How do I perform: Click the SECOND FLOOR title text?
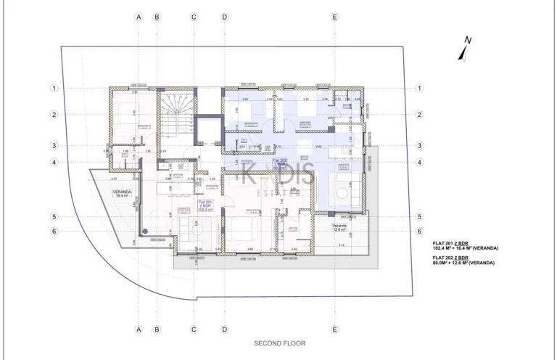click(279, 342)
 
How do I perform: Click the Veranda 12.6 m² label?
click(341, 228)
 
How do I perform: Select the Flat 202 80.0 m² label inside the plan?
click(278, 165)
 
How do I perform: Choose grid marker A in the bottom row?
click(139, 329)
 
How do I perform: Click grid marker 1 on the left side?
click(54, 89)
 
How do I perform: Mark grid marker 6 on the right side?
click(419, 232)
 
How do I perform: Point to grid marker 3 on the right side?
click(419, 145)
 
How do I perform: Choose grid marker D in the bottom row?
click(224, 329)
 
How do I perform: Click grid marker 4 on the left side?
click(54, 163)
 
